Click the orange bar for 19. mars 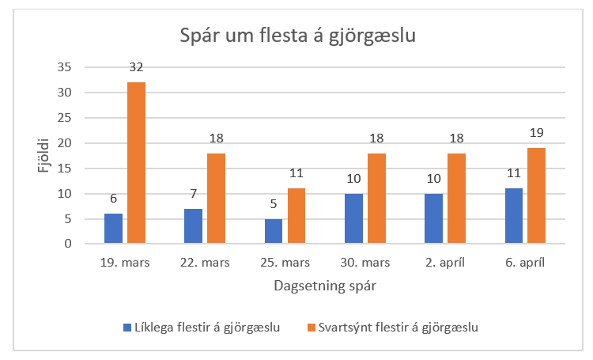click(136, 163)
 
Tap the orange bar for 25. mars click(296, 216)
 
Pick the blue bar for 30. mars click(353, 218)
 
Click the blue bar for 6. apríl click(514, 216)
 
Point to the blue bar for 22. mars click(193, 226)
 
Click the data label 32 click(136, 66)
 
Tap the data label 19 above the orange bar click(536, 132)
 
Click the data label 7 click(193, 193)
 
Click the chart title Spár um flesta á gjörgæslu click(297, 35)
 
